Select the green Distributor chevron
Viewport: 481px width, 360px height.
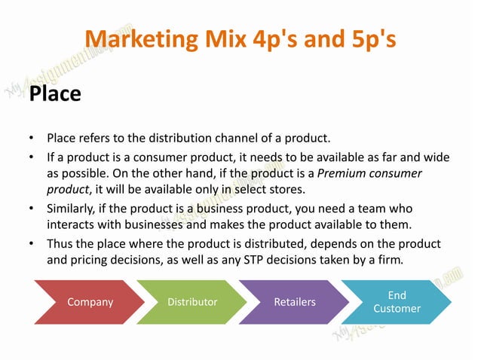[x=192, y=302]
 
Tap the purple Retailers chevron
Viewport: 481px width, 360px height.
[x=295, y=302]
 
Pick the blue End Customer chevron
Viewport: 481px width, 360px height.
[x=397, y=302]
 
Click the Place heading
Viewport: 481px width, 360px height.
[x=54, y=95]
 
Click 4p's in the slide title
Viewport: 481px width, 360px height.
[x=290, y=38]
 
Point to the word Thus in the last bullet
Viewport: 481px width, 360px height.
[x=60, y=244]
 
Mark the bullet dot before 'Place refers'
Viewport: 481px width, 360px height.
[x=31, y=139]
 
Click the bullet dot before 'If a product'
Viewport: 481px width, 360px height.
[x=31, y=157]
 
